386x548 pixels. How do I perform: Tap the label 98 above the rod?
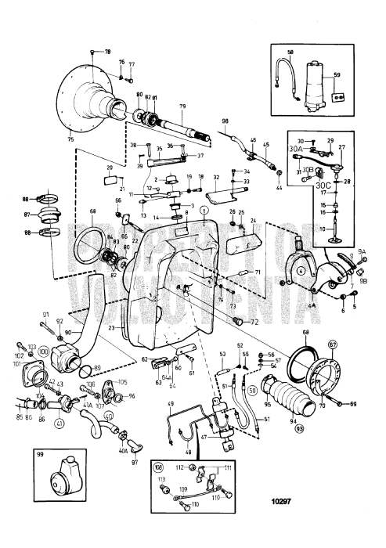tap(225, 121)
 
